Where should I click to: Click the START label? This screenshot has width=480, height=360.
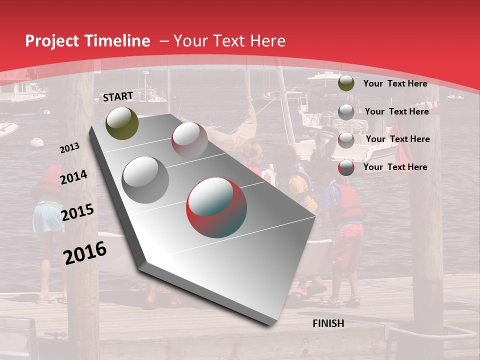point(118,96)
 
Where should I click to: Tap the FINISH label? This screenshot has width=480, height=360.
point(328,323)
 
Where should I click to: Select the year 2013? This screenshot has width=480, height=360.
point(69,148)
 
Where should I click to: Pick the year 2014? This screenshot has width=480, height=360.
point(73,177)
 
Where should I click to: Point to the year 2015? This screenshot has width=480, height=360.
point(77,212)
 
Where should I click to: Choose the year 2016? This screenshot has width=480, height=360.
point(84,252)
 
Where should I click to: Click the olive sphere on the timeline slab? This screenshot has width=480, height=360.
point(122,123)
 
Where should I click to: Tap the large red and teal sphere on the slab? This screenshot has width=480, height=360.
point(216,207)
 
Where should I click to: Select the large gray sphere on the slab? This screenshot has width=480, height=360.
point(145,180)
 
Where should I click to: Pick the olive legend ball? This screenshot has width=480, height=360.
point(346,83)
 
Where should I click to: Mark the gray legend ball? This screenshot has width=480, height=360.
point(346,111)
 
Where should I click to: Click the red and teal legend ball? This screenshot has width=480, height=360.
point(346,167)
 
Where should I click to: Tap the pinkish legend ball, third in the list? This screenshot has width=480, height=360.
point(346,139)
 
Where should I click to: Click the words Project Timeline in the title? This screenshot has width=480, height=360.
point(87,41)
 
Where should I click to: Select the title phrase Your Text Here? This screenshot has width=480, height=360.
point(229,41)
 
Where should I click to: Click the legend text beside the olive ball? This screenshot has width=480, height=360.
point(395,83)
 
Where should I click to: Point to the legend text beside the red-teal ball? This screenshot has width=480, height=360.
point(395,167)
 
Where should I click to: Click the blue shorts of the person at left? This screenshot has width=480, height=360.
point(48,217)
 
